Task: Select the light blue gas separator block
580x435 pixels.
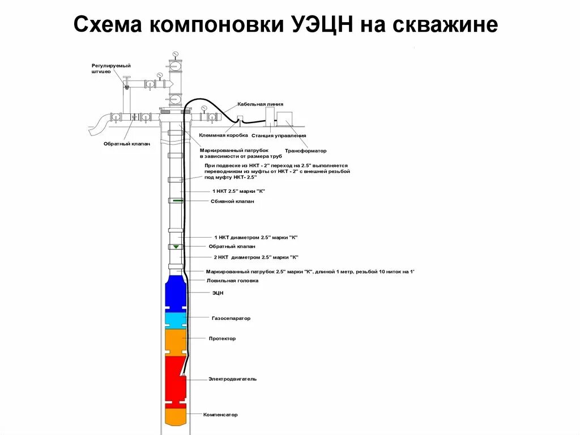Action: point(175,319)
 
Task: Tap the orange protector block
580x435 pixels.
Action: point(175,340)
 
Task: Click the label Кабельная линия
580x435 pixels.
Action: point(260,104)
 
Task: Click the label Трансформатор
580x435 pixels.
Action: point(306,151)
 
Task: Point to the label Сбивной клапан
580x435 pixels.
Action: point(232,201)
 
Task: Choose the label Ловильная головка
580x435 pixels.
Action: point(232,281)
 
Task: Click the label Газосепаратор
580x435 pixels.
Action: point(231,319)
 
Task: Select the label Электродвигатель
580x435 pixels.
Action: point(232,379)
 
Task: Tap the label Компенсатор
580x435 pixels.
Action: point(220,415)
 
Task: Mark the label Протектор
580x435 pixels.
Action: point(222,339)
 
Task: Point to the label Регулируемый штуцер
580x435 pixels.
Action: point(107,69)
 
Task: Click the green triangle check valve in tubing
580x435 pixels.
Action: point(176,247)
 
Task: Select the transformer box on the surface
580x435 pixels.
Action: point(285,120)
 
